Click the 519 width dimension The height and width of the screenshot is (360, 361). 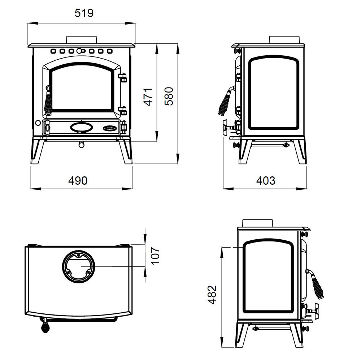[84, 13]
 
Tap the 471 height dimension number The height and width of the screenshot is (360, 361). [148, 97]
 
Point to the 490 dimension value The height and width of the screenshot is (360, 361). [78, 181]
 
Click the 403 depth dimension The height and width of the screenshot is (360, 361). [266, 181]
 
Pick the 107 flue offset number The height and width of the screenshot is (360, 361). [155, 256]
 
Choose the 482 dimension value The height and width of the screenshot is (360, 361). [212, 295]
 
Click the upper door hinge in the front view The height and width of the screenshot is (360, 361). [123, 77]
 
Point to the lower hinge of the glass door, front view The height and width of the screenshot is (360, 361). [123, 110]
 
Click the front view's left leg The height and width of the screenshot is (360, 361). [38, 150]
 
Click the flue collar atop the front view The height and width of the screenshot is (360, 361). [82, 39]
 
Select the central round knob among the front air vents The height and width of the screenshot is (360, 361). [79, 51]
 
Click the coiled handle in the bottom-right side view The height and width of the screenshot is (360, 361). [316, 284]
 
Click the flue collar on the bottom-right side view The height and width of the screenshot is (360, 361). [258, 223]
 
